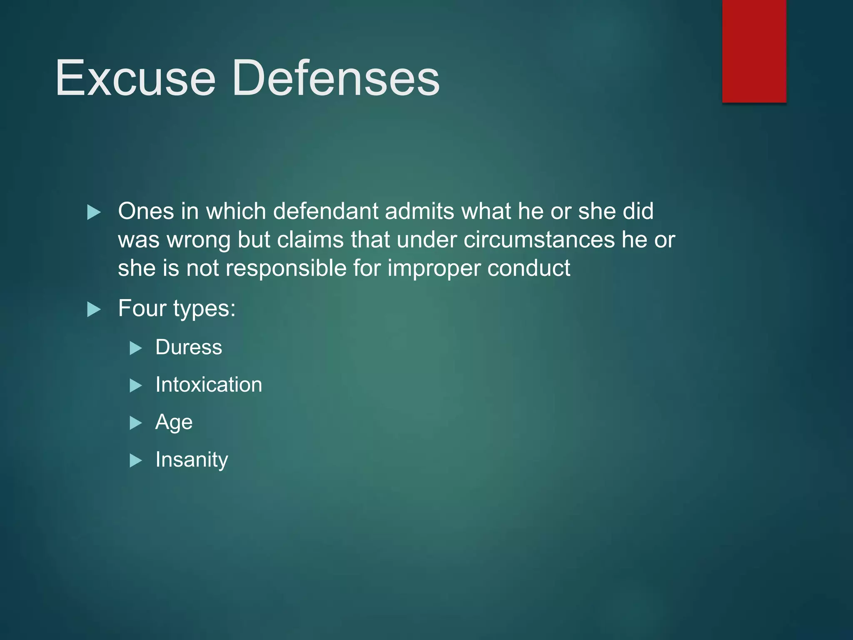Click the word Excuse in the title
[135, 78]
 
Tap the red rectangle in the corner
[754, 51]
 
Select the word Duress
[189, 347]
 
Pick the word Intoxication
[209, 385]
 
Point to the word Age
[174, 422]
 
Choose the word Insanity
[192, 460]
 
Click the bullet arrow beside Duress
[136, 348]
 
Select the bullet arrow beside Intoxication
[136, 385]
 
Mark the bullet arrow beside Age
[136, 423]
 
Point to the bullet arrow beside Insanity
[136, 460]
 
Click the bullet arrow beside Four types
[94, 310]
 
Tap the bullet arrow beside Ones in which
[94, 212]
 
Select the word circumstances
[539, 240]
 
